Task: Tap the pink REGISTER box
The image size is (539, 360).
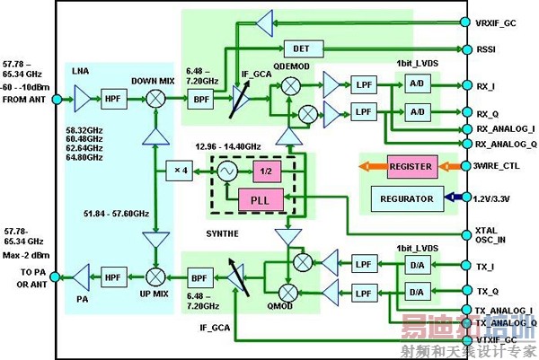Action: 411,165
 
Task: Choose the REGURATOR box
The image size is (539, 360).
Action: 411,198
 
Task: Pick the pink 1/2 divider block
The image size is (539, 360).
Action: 262,171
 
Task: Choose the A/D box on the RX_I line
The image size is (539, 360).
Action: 418,87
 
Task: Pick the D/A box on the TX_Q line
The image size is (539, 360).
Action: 418,292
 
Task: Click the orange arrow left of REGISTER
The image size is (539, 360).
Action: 370,166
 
